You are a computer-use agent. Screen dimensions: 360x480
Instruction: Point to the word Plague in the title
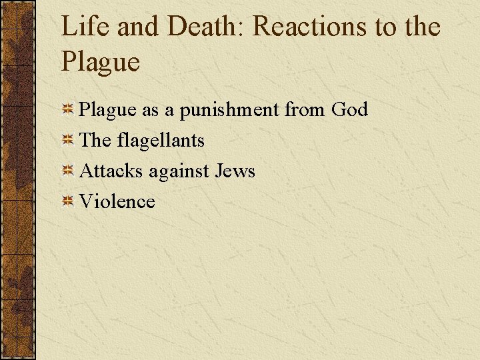coord(100,62)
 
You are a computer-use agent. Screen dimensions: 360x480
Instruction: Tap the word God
coord(349,109)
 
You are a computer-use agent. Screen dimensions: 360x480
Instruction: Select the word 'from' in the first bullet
coord(305,109)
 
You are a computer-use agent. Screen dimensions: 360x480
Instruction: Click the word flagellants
coord(160,140)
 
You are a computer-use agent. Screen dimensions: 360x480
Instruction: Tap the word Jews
coord(235,171)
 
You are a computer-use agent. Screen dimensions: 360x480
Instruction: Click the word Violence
coord(117,201)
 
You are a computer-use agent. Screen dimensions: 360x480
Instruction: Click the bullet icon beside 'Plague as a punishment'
coord(67,110)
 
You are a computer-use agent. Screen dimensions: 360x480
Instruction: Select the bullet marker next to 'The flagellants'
coord(67,141)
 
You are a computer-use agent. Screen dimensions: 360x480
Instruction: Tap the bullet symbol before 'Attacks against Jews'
coord(67,171)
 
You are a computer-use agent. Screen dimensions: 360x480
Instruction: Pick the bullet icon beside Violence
coord(67,202)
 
